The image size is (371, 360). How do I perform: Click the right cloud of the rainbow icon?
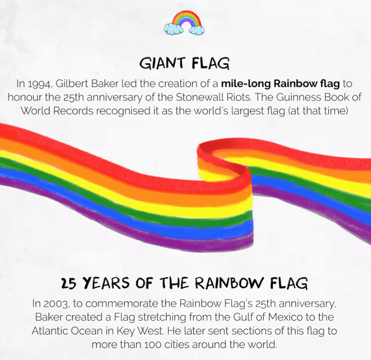click(x=197, y=30)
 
